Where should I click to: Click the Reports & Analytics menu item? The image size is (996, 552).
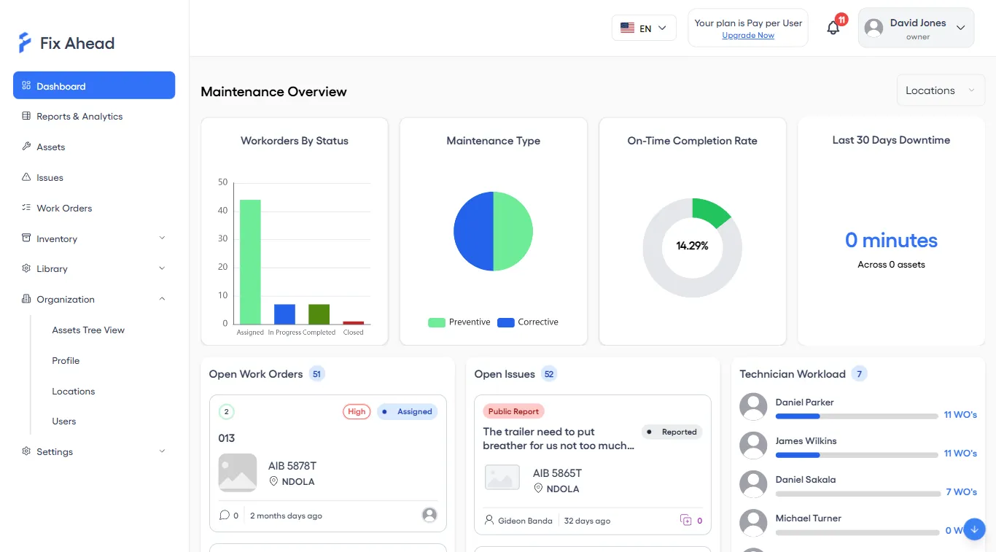(x=79, y=117)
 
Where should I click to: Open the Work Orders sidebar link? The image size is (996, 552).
(x=64, y=209)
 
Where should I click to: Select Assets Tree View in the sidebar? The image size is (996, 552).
(x=88, y=330)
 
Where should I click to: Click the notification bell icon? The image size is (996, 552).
(x=833, y=28)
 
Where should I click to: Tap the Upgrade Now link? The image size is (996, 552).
(x=748, y=36)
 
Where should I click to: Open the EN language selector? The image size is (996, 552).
(x=644, y=28)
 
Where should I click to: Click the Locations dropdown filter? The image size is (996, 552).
(x=940, y=90)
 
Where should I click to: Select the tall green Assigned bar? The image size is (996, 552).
(x=250, y=262)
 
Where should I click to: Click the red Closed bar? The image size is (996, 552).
(x=354, y=322)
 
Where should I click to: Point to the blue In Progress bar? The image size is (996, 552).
(x=284, y=314)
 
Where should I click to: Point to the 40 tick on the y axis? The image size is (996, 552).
(x=223, y=211)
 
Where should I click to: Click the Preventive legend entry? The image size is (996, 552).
(x=459, y=322)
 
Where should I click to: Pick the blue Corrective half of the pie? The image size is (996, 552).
(x=473, y=232)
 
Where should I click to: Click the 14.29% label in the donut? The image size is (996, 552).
(x=692, y=246)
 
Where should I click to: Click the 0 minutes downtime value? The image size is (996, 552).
(x=891, y=241)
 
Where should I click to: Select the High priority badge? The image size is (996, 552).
(x=357, y=412)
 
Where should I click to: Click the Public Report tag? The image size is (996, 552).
(x=513, y=412)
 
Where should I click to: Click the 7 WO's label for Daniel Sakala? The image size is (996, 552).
(x=961, y=492)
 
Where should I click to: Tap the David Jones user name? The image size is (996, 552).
(x=917, y=23)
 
